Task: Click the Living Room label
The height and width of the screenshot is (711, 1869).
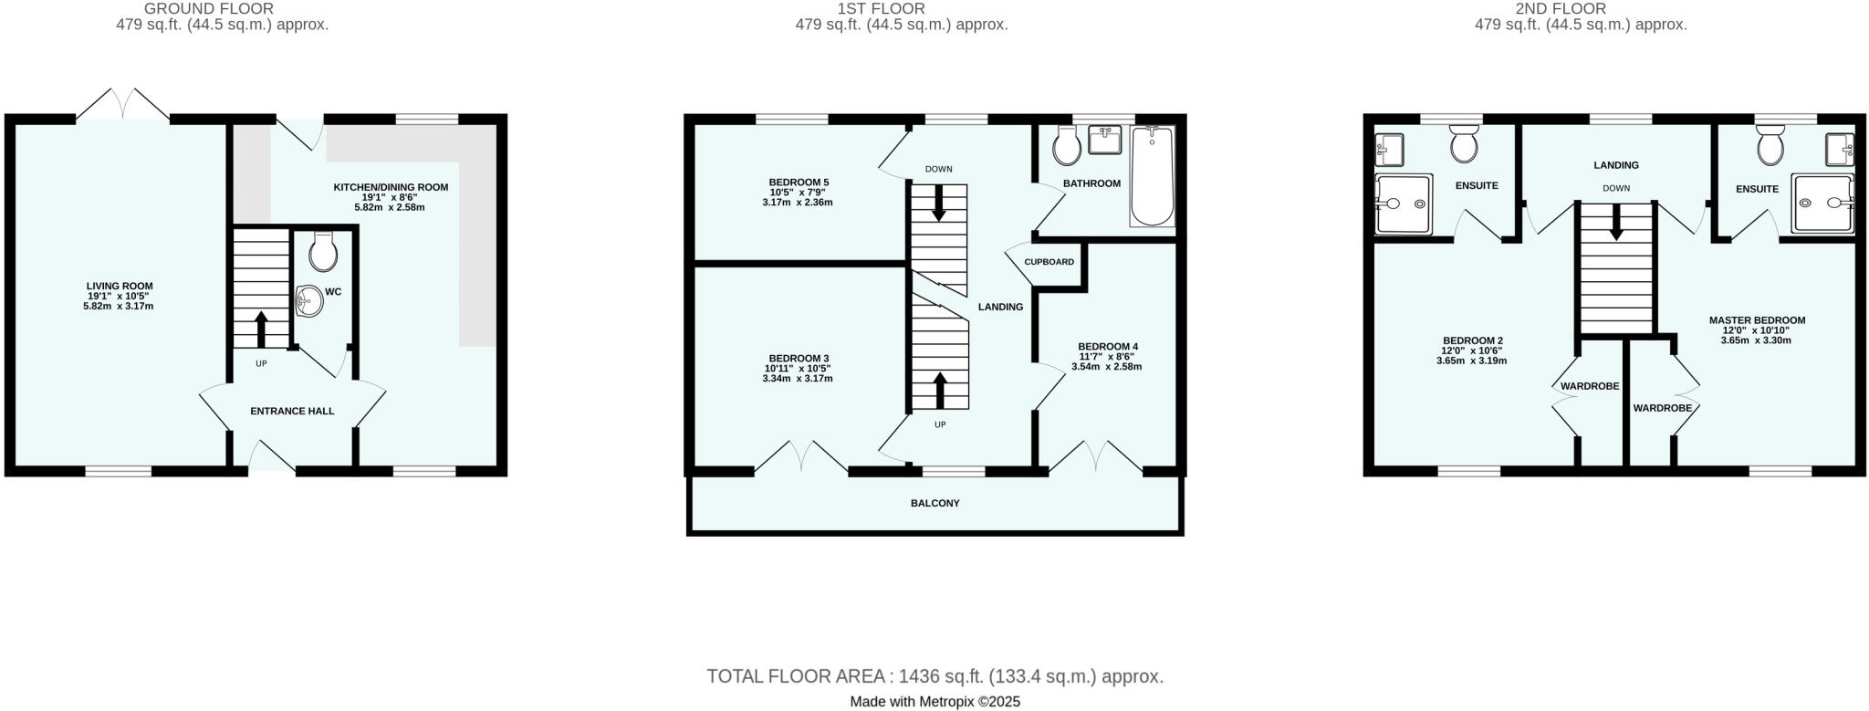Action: pos(120,286)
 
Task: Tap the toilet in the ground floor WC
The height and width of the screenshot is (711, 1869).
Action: pos(323,252)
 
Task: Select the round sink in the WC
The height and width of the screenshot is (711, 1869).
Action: pos(310,300)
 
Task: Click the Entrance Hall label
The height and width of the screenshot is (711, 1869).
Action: pos(292,412)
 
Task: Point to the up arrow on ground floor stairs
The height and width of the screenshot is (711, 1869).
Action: pos(261,329)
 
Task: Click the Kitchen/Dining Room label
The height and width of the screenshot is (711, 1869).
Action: pos(391,187)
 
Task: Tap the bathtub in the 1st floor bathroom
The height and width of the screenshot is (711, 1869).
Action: pos(1153,176)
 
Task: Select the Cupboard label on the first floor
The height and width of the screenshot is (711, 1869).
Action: pos(1049,262)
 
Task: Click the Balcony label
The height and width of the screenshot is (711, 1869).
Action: pos(934,503)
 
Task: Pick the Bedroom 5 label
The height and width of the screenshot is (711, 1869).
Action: pos(799,183)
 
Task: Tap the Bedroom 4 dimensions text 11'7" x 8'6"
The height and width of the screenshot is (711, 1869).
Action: pos(1107,357)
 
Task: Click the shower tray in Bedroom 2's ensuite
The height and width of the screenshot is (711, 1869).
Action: pos(1404,204)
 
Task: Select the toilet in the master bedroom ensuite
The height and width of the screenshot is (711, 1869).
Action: pos(1770,146)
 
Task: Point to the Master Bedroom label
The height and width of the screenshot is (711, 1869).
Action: pos(1757,320)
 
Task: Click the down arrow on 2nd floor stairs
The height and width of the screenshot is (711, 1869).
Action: pos(1616,223)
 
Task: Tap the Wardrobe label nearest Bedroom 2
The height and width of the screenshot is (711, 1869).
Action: pos(1589,386)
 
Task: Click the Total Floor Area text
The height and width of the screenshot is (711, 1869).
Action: pos(934,676)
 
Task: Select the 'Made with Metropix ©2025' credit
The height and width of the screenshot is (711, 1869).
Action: pos(934,702)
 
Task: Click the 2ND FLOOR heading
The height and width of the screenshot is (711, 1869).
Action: pos(1580,8)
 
